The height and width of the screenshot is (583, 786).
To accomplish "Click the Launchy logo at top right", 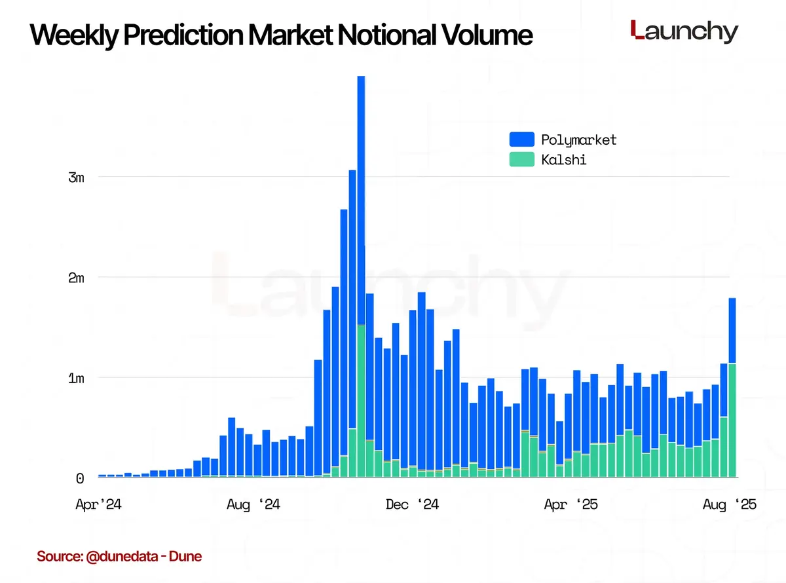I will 684,31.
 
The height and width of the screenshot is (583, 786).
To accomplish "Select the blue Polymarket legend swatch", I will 521,140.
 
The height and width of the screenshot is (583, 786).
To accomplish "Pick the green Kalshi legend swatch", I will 521,159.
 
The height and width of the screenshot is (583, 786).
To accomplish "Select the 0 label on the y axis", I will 80,479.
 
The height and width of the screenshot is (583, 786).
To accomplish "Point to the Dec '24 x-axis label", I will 412,504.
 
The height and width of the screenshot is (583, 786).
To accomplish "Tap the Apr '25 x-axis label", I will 571,504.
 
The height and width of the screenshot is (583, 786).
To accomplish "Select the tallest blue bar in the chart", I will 361,197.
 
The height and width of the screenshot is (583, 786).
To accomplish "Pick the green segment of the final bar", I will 732,420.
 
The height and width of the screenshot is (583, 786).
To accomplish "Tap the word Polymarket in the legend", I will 578,140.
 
